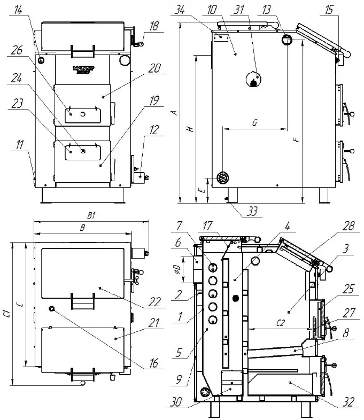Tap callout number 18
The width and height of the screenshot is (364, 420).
(x=154, y=26)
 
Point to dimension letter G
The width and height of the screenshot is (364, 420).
(x=254, y=123)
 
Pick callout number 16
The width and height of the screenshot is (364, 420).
(x=154, y=364)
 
